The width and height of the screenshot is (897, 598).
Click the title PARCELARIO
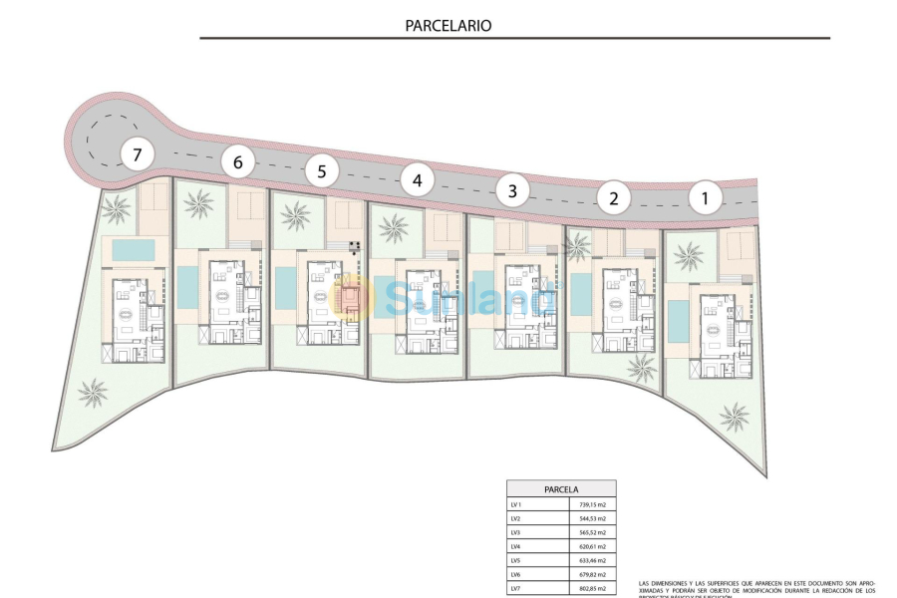tap(448, 26)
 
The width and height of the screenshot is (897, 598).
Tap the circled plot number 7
tap(138, 154)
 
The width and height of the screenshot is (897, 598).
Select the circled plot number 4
tap(418, 180)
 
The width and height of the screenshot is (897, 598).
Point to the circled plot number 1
tap(706, 198)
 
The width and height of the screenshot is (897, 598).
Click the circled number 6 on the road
tap(237, 161)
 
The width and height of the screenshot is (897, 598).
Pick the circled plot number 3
tap(512, 189)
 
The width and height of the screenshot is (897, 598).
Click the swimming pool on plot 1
tap(677, 320)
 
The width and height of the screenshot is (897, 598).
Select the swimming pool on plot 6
tap(187, 287)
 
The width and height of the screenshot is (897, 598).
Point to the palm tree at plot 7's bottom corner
tap(94, 393)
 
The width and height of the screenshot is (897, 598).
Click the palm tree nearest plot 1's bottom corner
tap(735, 416)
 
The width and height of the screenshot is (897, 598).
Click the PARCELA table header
tap(561, 489)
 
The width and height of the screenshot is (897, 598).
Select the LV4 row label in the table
tap(515, 546)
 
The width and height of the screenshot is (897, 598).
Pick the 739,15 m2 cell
tap(592, 504)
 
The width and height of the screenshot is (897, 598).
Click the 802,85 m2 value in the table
tap(592, 589)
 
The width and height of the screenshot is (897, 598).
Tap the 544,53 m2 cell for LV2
tap(592, 518)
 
